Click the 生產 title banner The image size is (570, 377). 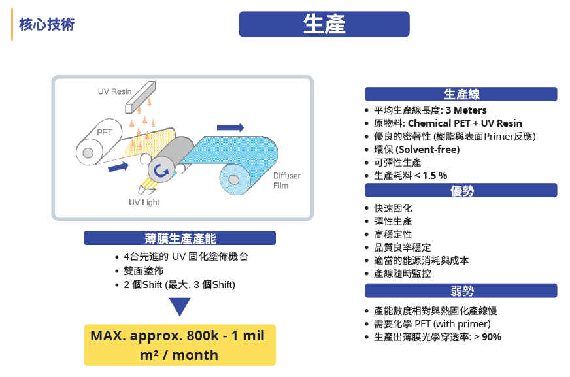tap(324, 24)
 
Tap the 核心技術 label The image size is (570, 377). tap(46, 24)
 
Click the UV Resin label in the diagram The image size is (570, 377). tap(114, 91)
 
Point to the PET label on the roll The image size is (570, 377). tap(105, 133)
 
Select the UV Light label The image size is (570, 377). tap(144, 203)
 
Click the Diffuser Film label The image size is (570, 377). tap(287, 180)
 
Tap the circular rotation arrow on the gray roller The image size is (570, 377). tap(161, 171)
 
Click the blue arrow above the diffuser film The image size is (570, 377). tap(231, 127)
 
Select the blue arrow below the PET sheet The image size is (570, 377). tap(118, 167)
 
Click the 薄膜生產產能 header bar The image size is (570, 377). tap(180, 238)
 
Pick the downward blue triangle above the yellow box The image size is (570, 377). tap(180, 306)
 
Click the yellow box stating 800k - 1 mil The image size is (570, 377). tap(180, 345)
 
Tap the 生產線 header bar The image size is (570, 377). tap(461, 94)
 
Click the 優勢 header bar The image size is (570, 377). tap(461, 190)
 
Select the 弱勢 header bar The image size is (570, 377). tap(461, 291)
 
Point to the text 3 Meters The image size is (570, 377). tap(466, 110)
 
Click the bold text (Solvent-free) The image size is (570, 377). tap(427, 149)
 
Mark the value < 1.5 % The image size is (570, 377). tap(431, 175)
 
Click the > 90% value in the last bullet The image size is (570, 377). tap(488, 337)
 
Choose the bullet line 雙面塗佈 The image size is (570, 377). tap(143, 270)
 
